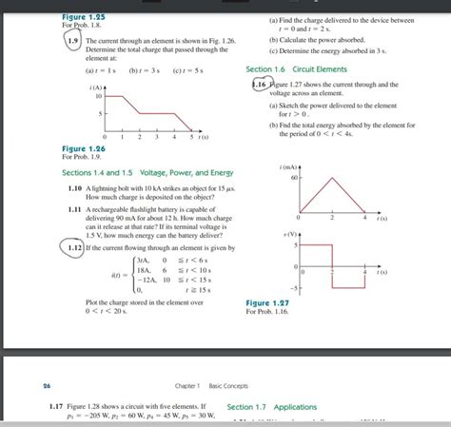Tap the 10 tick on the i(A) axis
98,96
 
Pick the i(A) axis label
93,87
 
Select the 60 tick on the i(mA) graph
294,178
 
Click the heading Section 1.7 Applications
272,407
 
